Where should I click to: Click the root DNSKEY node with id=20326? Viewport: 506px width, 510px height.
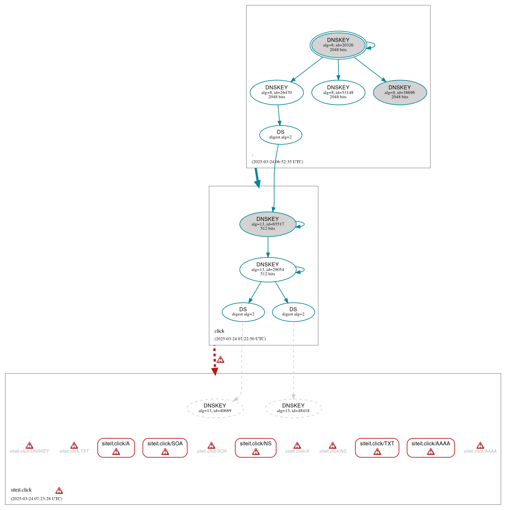point(338,45)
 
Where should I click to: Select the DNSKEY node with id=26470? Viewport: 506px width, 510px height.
point(277,93)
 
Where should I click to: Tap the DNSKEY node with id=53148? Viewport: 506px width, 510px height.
point(338,93)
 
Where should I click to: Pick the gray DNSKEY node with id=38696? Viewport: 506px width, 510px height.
point(400,93)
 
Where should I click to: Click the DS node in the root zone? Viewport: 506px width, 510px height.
point(281,135)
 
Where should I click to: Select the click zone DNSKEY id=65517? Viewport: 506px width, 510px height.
point(268,224)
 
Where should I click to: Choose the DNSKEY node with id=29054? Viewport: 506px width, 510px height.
point(268,270)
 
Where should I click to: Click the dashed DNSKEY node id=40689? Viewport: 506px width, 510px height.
point(215,408)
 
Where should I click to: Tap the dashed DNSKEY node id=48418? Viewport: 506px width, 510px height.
point(293,408)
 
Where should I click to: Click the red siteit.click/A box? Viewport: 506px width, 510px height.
point(116,448)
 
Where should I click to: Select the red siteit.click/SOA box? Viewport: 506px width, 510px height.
point(165,448)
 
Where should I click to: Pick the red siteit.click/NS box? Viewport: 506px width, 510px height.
point(255,448)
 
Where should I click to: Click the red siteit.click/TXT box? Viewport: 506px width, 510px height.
point(377,448)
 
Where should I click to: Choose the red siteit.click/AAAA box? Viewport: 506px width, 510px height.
point(430,448)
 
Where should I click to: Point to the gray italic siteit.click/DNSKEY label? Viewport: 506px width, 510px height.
point(29,451)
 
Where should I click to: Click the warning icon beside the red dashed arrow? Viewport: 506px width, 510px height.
point(220,360)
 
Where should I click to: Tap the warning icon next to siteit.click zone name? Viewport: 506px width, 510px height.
point(59,491)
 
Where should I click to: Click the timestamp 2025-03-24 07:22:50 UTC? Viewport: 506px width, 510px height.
point(240,339)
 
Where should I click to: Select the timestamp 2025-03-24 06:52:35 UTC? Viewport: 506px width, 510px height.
point(277,162)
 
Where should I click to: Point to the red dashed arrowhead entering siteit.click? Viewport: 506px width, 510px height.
point(215,372)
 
